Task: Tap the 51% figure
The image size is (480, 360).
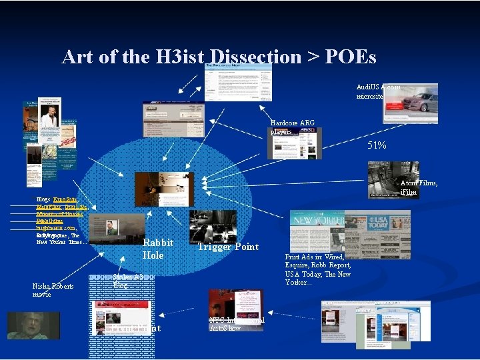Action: point(377,145)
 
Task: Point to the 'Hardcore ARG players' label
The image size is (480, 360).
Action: point(292,127)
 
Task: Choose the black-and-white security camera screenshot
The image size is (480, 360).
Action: point(393,179)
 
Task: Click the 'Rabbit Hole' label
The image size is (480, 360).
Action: point(158,249)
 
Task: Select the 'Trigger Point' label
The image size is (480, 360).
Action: point(227,247)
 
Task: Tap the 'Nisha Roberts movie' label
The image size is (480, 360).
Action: point(53,290)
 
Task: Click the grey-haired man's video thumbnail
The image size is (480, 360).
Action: point(37,325)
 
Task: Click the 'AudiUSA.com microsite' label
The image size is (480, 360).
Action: point(379,91)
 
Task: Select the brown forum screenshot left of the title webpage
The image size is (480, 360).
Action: point(173,119)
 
